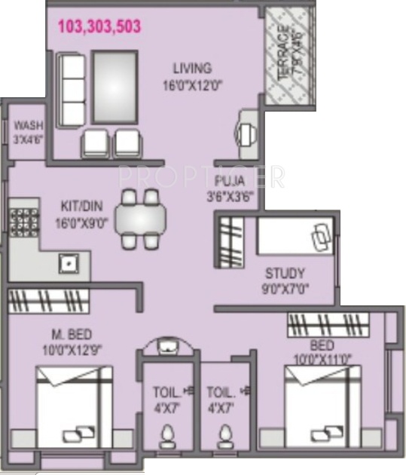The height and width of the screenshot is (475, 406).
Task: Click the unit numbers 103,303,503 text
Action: (99, 26)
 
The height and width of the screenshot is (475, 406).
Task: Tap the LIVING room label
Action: (191, 68)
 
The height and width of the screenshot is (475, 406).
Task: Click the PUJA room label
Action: (228, 181)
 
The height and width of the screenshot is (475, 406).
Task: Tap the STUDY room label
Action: (284, 273)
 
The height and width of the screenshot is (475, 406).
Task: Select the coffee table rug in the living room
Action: (114, 87)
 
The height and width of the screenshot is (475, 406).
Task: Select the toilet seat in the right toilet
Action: (224, 436)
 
